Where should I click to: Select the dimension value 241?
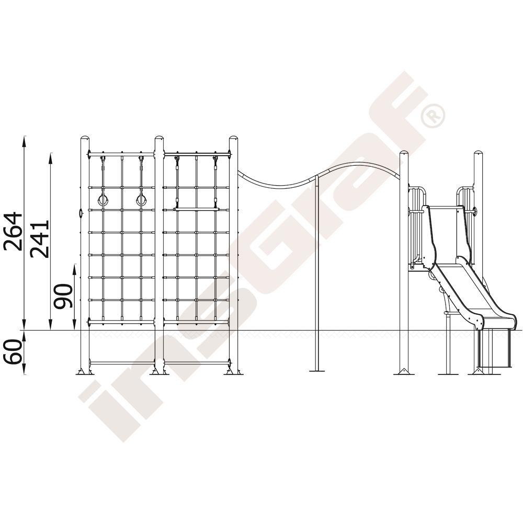click(39, 238)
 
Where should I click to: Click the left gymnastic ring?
click(103, 201)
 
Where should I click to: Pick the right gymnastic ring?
click(141, 201)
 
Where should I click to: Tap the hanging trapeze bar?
click(196, 209)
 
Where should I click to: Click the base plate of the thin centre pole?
click(316, 370)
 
